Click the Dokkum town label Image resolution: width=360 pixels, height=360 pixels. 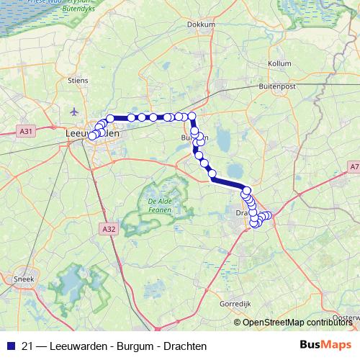point(201,24)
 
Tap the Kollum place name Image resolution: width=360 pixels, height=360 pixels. point(279,63)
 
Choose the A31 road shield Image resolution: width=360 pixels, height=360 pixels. point(25,131)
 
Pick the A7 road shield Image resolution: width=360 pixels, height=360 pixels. point(354,167)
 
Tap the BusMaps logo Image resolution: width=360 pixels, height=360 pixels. point(325,345)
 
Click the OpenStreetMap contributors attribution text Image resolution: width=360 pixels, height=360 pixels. point(297,322)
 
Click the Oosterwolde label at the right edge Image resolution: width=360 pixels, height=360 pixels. point(348,317)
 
